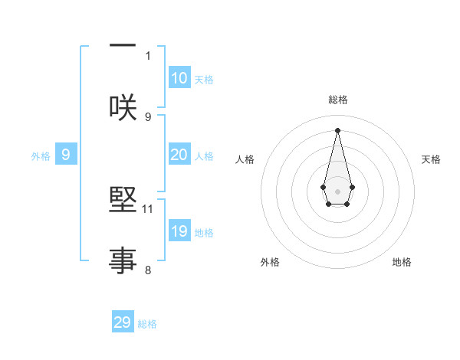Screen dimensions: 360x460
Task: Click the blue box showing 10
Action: coord(179,78)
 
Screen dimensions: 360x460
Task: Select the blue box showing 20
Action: coord(179,155)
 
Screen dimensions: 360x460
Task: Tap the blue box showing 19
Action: coord(179,231)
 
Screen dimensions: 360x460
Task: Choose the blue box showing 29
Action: coord(123,322)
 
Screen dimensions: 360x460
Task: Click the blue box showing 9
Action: coord(66,155)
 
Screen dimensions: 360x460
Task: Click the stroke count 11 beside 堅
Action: coord(148,208)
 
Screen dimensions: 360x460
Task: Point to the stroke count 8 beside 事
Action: coord(148,270)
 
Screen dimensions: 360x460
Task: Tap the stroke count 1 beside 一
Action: coord(148,55)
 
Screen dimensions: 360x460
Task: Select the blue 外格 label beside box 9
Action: coord(41,155)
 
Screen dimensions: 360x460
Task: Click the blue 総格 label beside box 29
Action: coord(147,324)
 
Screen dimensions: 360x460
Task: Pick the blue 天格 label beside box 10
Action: coord(204,79)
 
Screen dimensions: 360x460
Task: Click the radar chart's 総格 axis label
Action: coord(337,100)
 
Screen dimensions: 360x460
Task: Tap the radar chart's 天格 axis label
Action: coord(431,159)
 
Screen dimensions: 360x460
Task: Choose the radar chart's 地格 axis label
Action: coord(402,262)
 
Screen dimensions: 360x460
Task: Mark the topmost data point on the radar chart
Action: coord(337,129)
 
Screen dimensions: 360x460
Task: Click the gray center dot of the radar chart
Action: coord(337,190)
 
